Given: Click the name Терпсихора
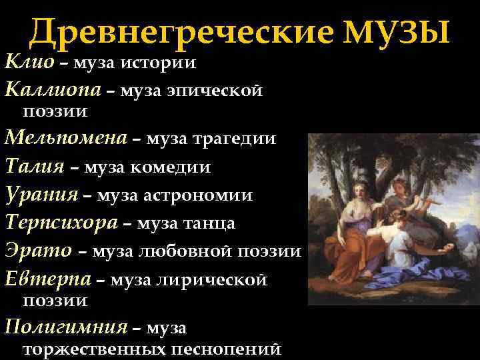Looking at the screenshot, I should [x=62, y=223].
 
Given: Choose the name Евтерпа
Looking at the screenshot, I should [x=47, y=279].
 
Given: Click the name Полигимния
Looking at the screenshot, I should [x=65, y=327].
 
